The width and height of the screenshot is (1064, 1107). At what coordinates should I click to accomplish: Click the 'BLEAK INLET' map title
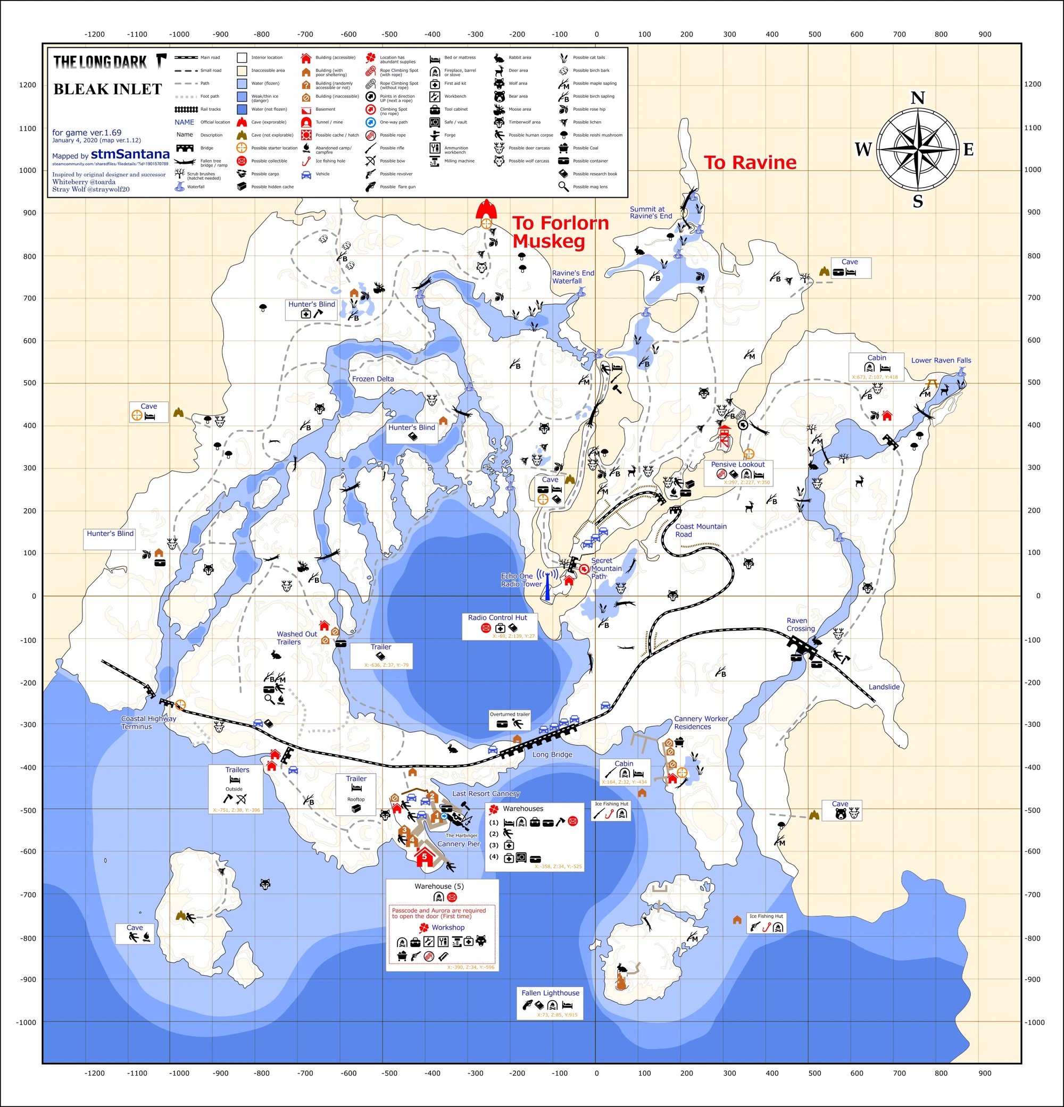107,89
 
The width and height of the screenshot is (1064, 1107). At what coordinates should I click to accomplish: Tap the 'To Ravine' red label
750,163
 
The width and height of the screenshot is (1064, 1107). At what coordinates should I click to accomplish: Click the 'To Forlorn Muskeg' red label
560,232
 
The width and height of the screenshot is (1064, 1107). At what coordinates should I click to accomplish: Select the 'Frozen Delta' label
373,379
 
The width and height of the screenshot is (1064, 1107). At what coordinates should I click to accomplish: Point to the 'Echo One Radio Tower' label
521,580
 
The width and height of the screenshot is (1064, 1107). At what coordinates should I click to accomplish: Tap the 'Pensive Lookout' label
737,464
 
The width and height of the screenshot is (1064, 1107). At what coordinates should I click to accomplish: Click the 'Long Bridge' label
552,754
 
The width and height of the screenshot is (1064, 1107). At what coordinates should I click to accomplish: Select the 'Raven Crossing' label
801,625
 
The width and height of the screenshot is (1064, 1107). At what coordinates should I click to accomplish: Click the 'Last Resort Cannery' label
486,793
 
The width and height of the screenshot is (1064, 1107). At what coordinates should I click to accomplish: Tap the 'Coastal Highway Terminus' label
148,723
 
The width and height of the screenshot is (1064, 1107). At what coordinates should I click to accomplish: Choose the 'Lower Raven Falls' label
941,360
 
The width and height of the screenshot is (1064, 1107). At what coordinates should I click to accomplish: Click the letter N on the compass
918,98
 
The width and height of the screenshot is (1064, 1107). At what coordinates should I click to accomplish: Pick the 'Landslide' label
884,687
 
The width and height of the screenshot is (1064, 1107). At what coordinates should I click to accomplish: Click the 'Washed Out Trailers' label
297,638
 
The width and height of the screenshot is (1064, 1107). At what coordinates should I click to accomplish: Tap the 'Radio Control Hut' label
497,618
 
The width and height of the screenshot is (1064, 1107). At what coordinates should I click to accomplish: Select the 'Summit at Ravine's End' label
651,212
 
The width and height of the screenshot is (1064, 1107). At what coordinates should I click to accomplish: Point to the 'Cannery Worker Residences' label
701,723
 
